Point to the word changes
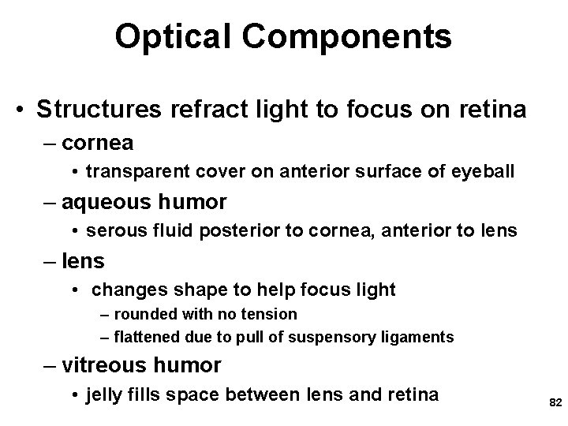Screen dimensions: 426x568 [125, 290]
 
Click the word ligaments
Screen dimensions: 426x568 [420, 338]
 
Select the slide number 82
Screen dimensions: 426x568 [554, 402]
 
